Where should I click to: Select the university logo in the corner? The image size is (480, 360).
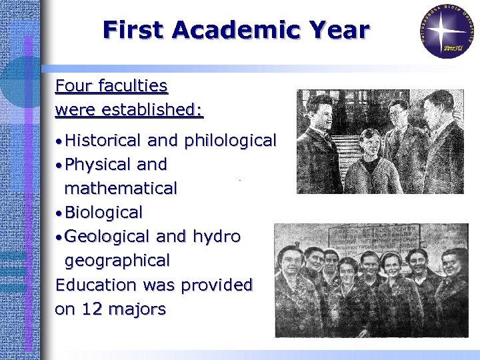447,31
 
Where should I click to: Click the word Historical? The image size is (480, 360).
103,140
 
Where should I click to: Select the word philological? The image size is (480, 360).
230,141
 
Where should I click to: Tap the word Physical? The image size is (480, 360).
97,164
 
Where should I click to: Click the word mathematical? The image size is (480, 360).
121,189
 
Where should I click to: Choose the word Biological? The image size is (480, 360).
103,213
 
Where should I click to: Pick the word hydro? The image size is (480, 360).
217,237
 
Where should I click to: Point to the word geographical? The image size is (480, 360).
117,261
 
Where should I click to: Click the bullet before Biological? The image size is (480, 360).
59,213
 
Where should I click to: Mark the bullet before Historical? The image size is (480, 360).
59,141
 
